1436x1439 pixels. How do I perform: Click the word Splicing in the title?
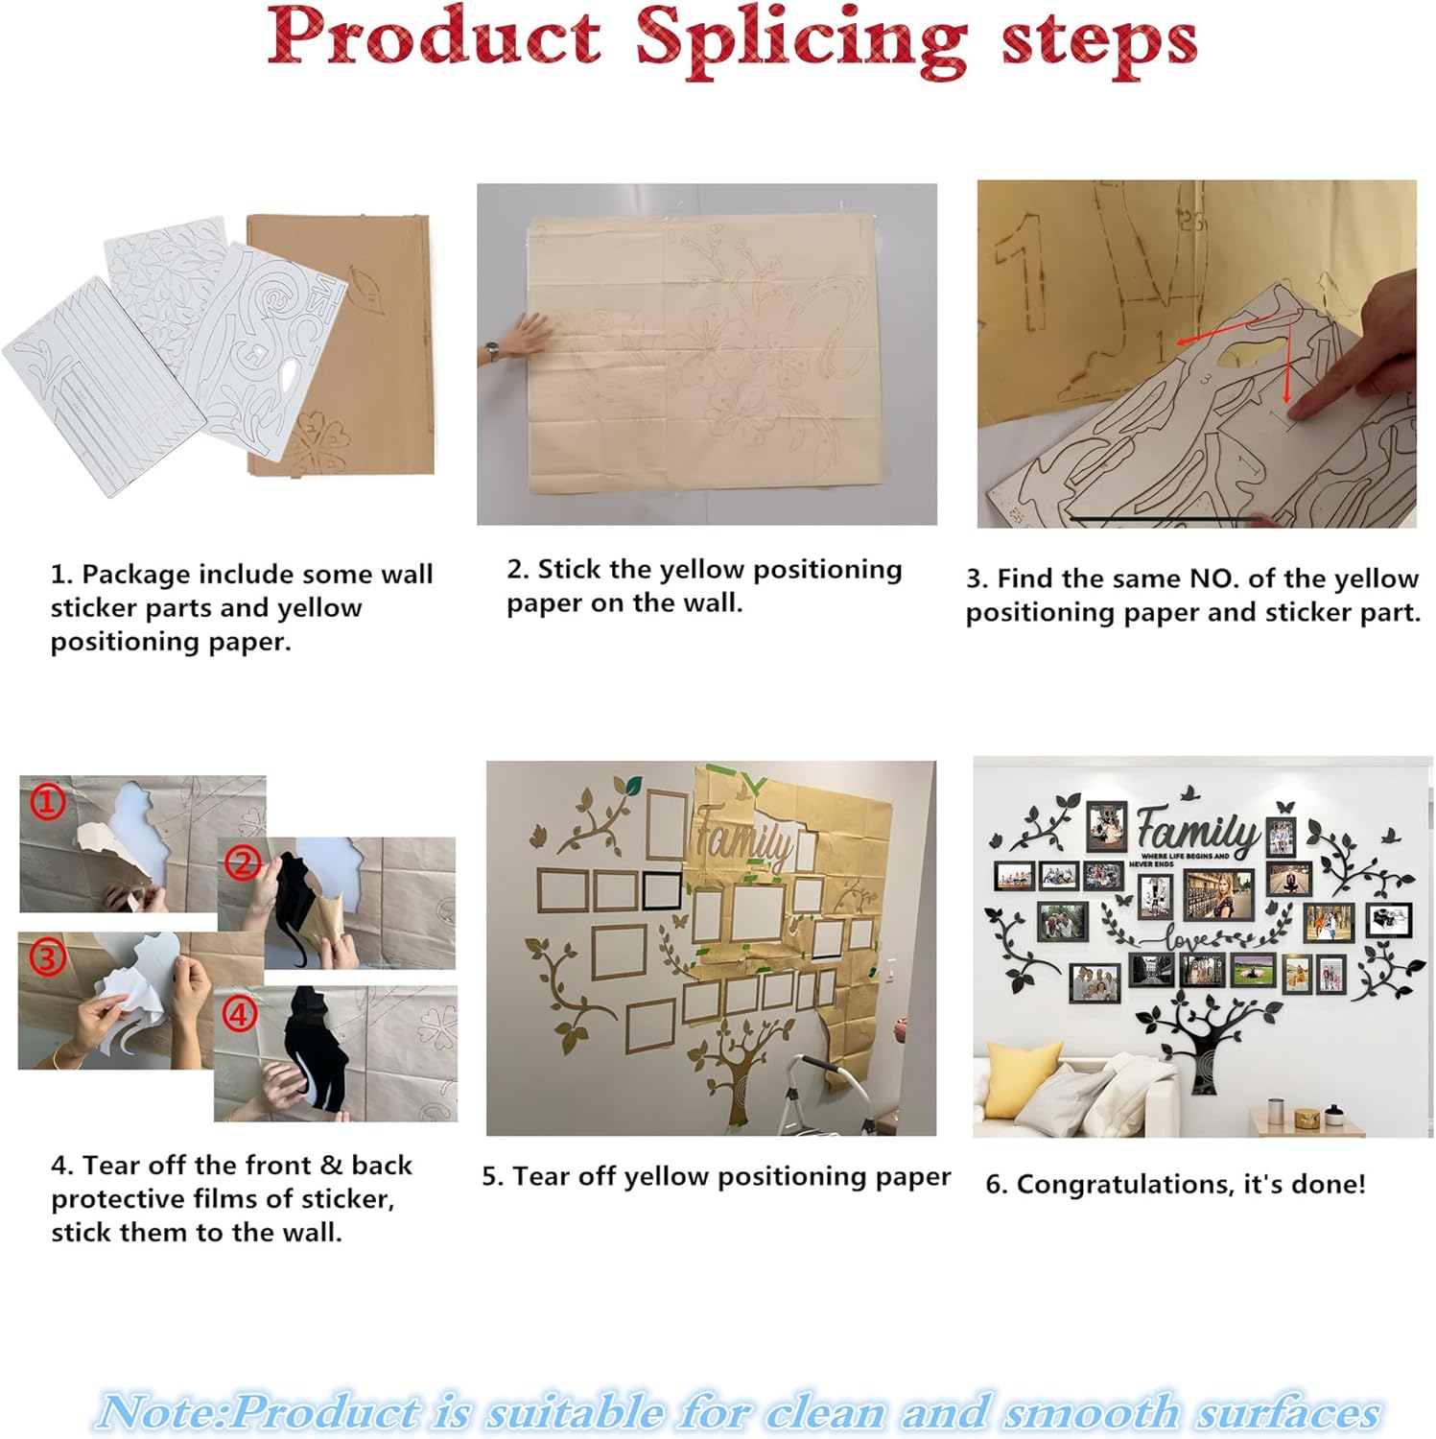point(801,41)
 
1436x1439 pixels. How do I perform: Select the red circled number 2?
point(243,863)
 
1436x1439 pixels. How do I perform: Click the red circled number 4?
point(240,1014)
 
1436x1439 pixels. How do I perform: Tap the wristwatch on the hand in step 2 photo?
point(492,351)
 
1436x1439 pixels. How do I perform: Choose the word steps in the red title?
point(1099,42)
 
